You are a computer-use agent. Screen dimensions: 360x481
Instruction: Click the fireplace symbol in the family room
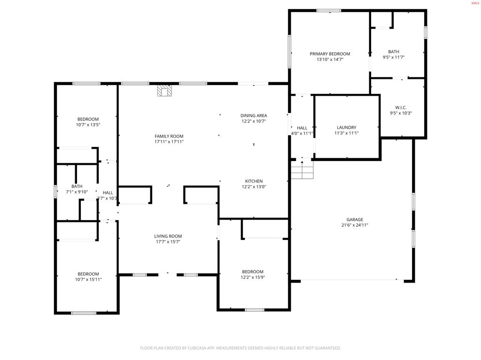click(x=164, y=90)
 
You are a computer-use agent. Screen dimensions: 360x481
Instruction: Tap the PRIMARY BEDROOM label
click(x=330, y=54)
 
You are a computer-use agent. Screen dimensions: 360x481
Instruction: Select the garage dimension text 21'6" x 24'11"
click(x=355, y=225)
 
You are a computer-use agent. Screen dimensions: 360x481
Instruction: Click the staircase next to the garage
click(x=302, y=170)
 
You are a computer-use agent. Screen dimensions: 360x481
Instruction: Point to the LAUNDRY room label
click(x=347, y=128)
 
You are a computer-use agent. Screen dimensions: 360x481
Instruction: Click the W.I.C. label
click(x=401, y=107)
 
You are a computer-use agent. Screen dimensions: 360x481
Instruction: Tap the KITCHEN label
click(x=254, y=181)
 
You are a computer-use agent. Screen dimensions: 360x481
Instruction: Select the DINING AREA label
click(x=254, y=115)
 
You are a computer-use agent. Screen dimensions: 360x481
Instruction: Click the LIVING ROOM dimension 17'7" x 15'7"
click(x=168, y=242)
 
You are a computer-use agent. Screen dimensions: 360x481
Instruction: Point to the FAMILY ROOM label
click(x=169, y=136)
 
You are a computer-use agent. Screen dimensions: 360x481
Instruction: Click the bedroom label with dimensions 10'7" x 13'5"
click(x=88, y=119)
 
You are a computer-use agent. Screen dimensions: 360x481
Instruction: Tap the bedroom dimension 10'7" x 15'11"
click(x=88, y=279)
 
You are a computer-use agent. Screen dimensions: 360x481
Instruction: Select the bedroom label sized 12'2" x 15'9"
click(x=253, y=272)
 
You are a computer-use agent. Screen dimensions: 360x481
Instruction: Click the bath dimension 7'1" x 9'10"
click(x=77, y=191)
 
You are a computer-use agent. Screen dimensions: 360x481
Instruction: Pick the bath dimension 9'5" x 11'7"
click(x=394, y=57)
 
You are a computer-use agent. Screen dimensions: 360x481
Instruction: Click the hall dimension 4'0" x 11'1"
click(x=302, y=133)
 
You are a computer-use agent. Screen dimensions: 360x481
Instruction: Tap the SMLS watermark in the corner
click(x=475, y=3)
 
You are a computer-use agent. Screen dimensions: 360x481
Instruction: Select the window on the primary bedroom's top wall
click(x=329, y=10)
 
